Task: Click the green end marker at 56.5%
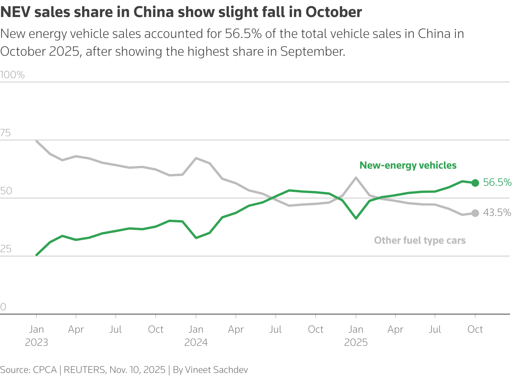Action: point(475,183)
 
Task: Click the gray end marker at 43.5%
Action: point(475,213)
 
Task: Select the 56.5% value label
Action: point(497,183)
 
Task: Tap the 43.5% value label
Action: point(497,213)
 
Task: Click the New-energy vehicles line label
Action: point(408,166)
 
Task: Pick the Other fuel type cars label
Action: point(419,241)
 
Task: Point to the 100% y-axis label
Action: point(12,75)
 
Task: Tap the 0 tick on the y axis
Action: point(3,307)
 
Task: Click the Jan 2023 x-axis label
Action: point(36,336)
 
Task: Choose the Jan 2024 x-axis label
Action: point(196,336)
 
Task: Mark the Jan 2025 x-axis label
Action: point(356,336)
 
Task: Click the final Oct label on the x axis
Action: point(475,330)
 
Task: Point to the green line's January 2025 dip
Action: point(356,218)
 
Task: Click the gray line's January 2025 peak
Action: point(356,178)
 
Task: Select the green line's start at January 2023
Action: point(36,255)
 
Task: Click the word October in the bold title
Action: point(333,12)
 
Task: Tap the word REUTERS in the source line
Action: point(84,370)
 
